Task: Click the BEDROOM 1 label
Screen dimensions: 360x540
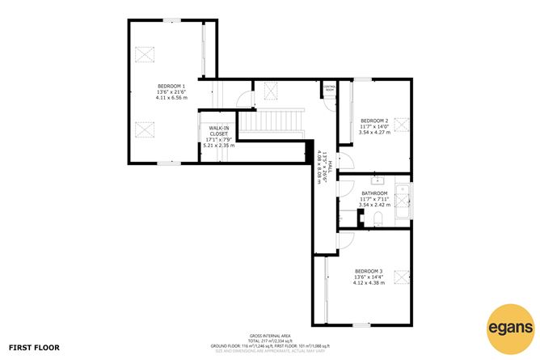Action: click(x=171, y=87)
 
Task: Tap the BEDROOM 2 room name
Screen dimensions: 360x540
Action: click(x=374, y=121)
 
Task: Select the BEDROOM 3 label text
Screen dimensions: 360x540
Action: click(x=369, y=271)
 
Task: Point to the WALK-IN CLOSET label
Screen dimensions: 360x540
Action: click(x=218, y=132)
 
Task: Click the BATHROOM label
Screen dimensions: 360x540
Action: click(x=375, y=193)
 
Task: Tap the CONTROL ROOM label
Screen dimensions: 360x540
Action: click(x=329, y=88)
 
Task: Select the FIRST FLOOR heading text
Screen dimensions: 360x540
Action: click(x=36, y=347)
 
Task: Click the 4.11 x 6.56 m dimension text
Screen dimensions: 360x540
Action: click(x=171, y=99)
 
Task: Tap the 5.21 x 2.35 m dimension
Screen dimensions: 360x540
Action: click(x=218, y=146)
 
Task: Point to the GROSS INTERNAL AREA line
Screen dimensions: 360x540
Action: click(x=269, y=336)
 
